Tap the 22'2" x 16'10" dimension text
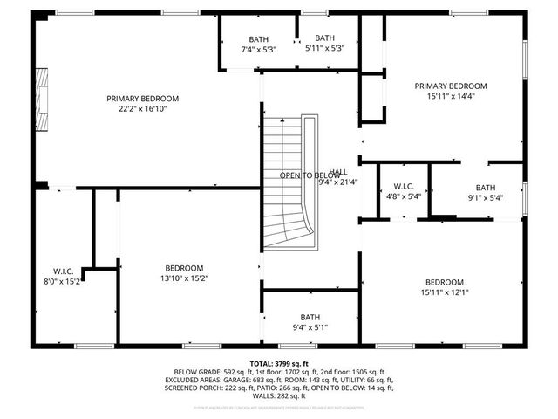coord(142,110)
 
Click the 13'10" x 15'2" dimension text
coord(184,278)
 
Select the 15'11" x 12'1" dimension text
coord(445,292)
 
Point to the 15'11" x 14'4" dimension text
coord(451,97)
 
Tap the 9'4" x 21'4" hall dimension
coord(339,182)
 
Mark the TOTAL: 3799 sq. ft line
coord(279,363)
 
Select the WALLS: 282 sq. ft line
coord(279,396)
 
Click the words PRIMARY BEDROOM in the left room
coord(142,99)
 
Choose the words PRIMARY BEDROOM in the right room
coord(451,86)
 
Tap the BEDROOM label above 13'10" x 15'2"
coord(184,268)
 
